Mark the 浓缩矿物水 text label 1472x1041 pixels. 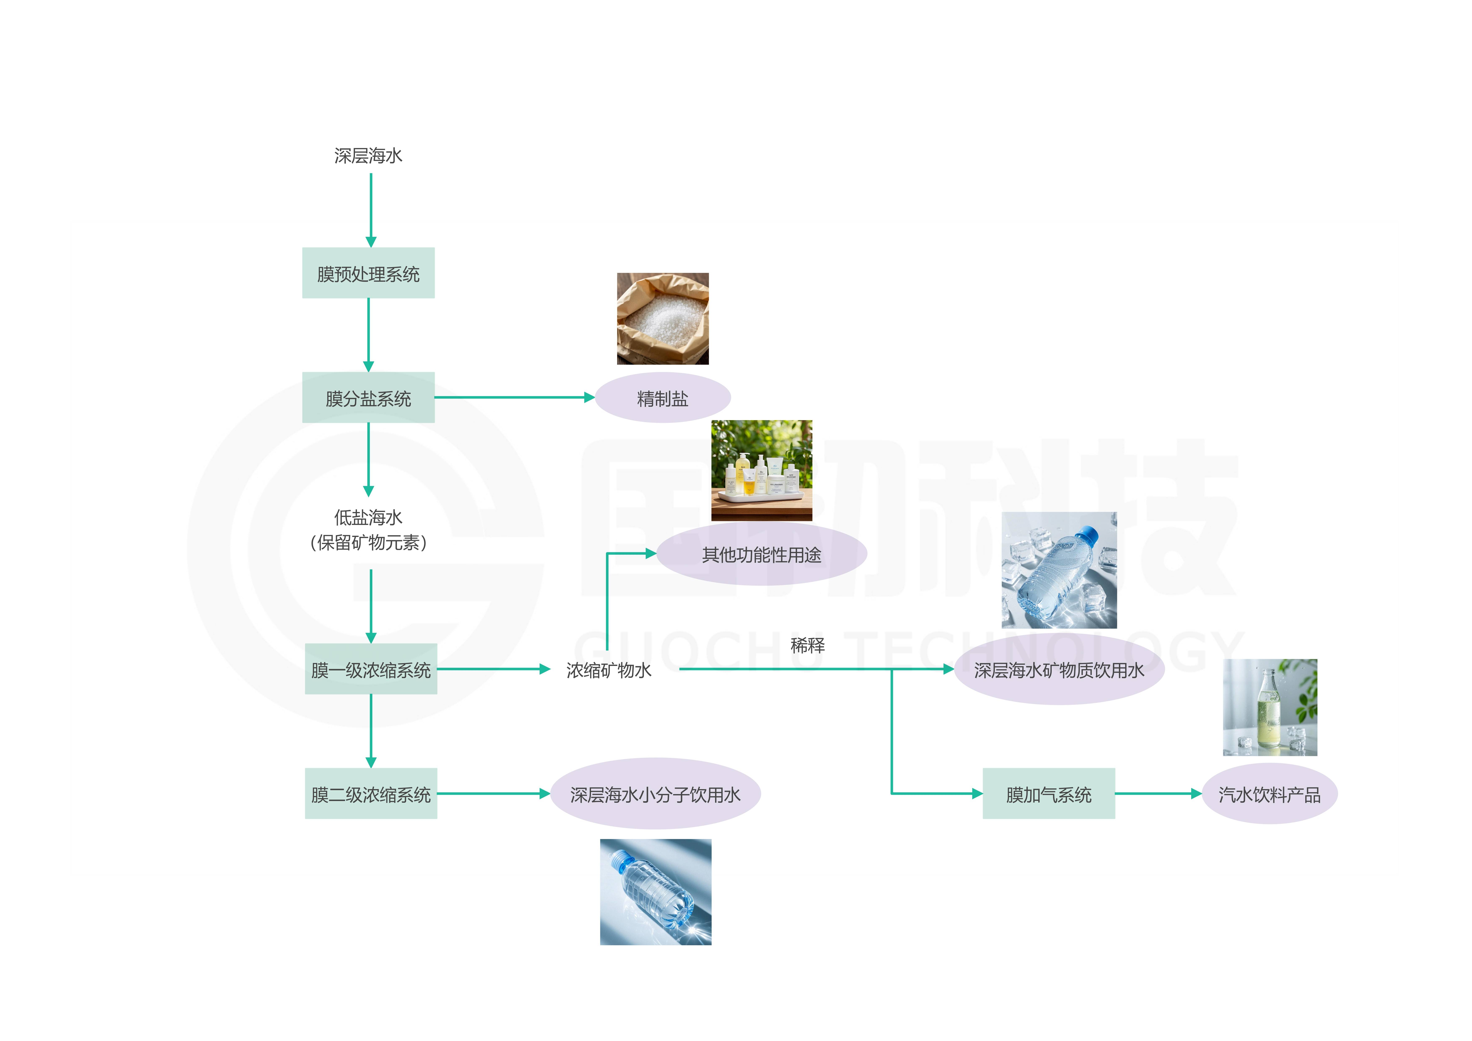[608, 670]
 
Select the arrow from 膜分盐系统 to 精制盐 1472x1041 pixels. [513, 398]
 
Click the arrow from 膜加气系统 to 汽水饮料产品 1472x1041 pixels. [1157, 793]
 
